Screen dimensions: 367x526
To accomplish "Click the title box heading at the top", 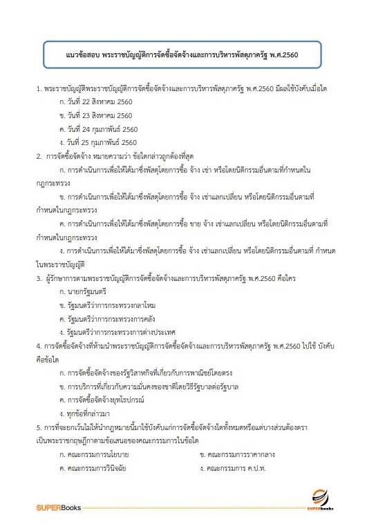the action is coord(182,53).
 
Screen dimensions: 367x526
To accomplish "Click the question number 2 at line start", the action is coord(39,156).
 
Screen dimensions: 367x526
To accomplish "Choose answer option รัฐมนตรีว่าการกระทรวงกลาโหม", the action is coord(107,306).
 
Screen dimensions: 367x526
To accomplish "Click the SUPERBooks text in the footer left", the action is coord(59,507).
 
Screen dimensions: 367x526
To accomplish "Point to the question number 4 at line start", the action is coord(39,347).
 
